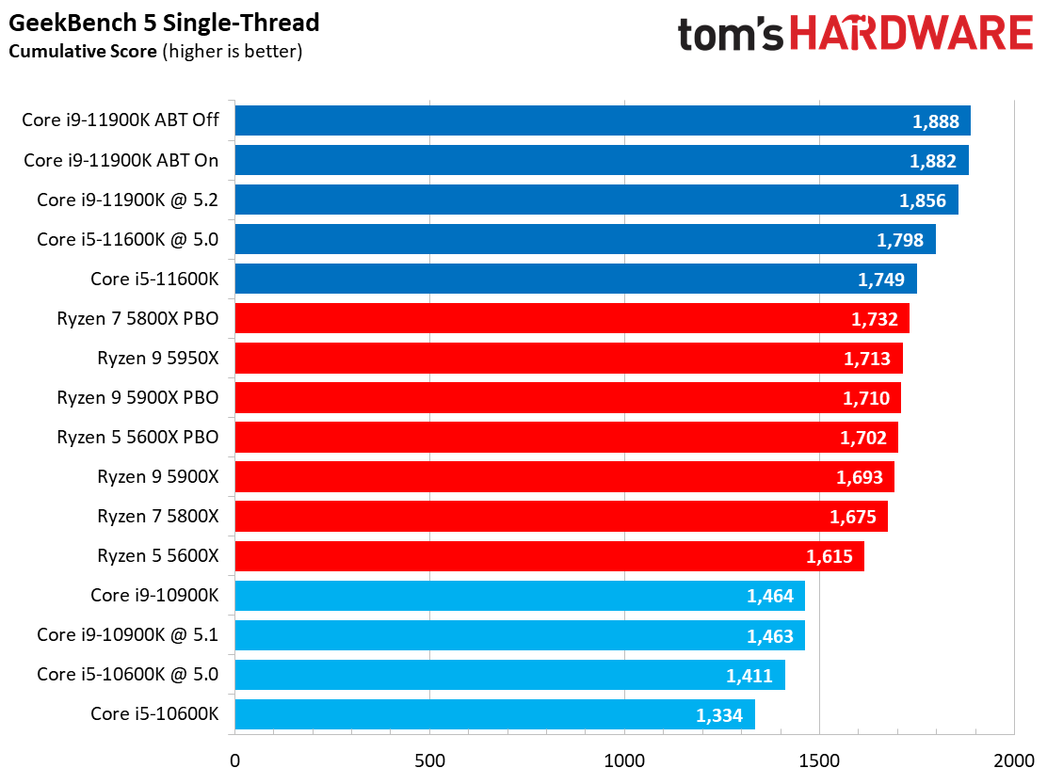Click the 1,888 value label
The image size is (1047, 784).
(x=935, y=121)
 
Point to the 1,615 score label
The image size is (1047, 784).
(x=829, y=556)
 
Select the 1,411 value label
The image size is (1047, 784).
(x=749, y=675)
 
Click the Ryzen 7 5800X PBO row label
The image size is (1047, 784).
(x=137, y=319)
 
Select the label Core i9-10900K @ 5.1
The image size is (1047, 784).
(x=127, y=635)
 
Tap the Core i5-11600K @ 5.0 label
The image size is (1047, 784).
(x=127, y=240)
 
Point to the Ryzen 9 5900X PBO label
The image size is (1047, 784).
(x=137, y=398)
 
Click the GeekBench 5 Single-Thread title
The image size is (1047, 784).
(x=164, y=23)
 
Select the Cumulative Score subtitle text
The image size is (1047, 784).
(x=83, y=51)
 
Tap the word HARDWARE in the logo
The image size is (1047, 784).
(x=910, y=34)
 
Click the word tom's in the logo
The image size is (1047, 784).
(x=732, y=34)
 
